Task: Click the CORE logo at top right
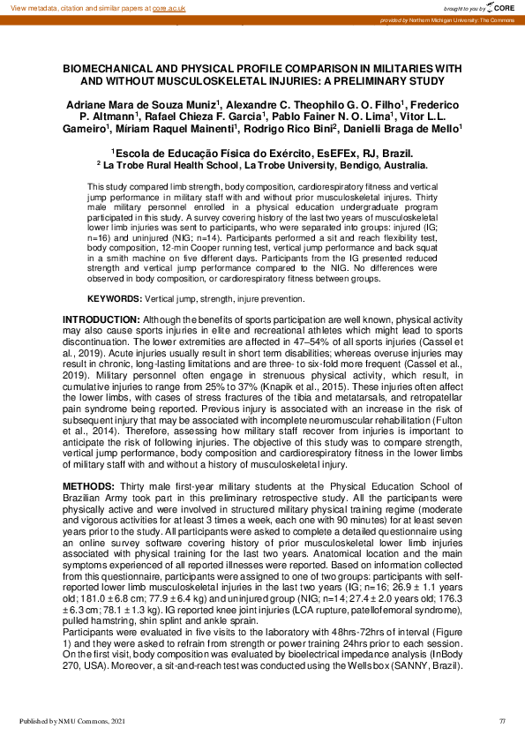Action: pos(500,6)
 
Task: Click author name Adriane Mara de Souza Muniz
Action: pos(142,104)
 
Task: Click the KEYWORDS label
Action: pos(116,299)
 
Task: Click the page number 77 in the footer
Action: pos(501,722)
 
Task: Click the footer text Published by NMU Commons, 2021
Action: pos(70,722)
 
